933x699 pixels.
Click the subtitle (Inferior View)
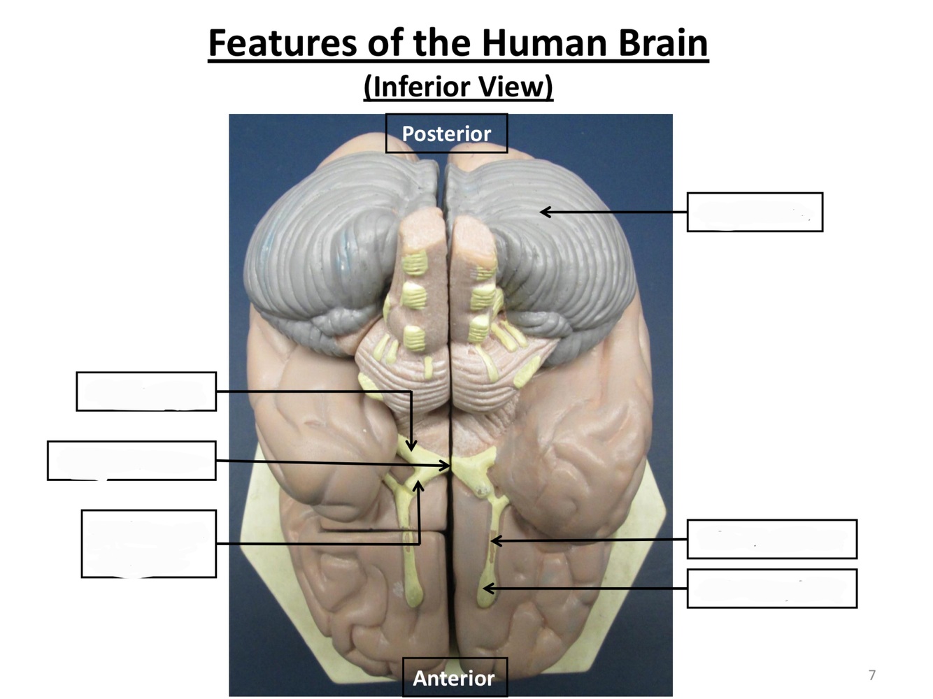458,87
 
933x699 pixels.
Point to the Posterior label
446,134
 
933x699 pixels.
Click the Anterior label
454,677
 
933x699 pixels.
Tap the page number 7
871,675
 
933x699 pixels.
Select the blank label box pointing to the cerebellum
755,212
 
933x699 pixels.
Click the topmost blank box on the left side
146,391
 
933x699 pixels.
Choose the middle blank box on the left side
131,461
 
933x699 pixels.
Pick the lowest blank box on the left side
149,544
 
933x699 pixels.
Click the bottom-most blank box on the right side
771,589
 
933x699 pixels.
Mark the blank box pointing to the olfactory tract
771,539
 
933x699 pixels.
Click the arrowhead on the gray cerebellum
544,211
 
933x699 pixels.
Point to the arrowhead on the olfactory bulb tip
488,589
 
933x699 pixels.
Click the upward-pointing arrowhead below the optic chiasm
419,484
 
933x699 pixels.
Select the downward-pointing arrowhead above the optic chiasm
412,447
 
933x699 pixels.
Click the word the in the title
441,43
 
